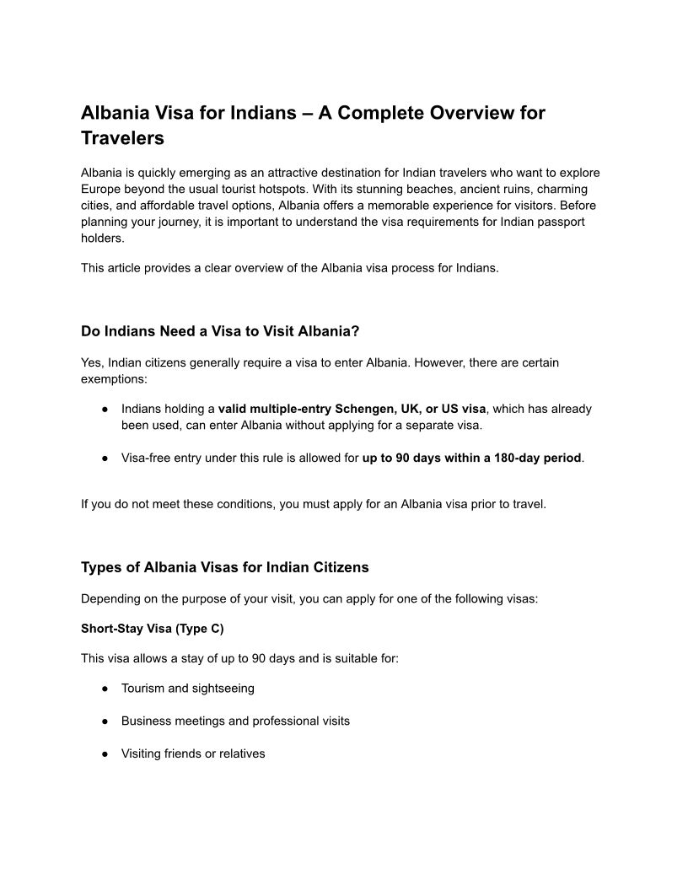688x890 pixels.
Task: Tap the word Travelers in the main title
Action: pyautogui.click(x=122, y=138)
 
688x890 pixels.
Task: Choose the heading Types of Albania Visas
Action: pyautogui.click(x=224, y=567)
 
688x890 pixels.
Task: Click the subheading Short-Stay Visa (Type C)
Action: pyautogui.click(x=153, y=629)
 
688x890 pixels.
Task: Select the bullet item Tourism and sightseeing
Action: pyautogui.click(x=187, y=689)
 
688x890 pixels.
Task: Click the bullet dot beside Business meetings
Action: pyautogui.click(x=103, y=721)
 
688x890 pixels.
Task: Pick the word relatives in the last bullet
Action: pyautogui.click(x=242, y=753)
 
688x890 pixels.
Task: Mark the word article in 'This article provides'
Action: pyautogui.click(x=128, y=268)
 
